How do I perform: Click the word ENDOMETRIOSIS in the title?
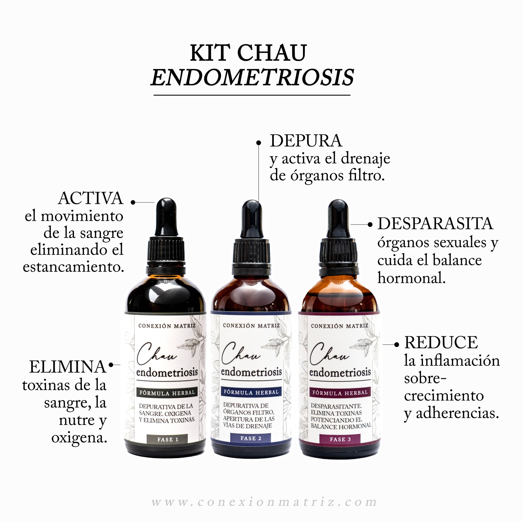click(252, 77)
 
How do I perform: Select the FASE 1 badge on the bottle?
click(168, 439)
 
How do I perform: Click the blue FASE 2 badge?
click(251, 438)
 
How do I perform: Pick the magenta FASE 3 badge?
click(340, 439)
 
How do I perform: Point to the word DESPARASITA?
click(435, 224)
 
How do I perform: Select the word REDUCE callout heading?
click(441, 343)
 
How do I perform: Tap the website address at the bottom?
click(264, 502)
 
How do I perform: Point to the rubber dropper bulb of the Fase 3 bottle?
click(338, 218)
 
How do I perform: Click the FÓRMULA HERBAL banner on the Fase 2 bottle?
click(251, 392)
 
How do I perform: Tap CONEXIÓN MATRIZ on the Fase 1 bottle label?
click(167, 326)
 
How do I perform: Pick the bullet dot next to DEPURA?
click(259, 143)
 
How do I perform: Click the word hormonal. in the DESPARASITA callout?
click(411, 278)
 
